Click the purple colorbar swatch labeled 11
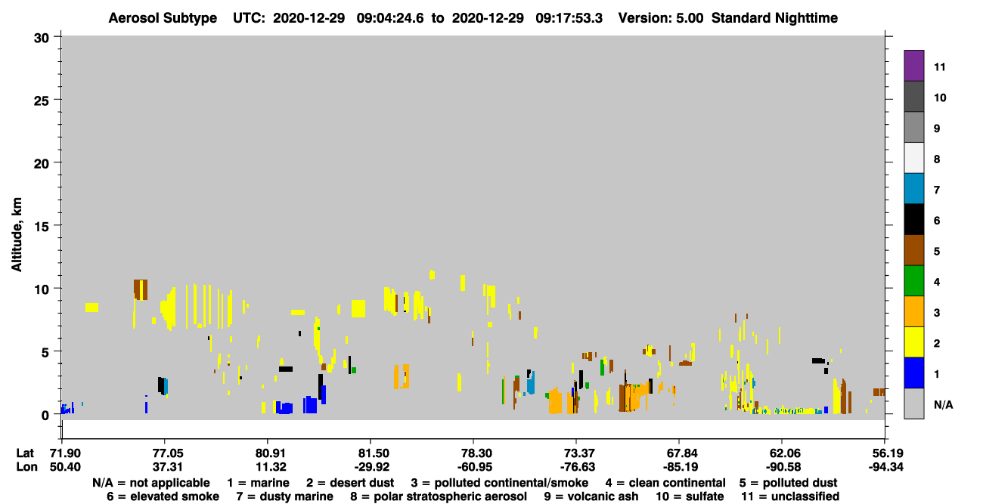913,65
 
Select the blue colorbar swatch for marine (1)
913,373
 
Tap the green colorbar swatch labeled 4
913,281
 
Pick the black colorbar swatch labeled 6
913,219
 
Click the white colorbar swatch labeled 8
913,158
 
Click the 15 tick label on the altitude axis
42,227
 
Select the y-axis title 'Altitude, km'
16,234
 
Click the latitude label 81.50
371,453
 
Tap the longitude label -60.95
474,467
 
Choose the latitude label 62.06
783,453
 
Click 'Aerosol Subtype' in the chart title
163,18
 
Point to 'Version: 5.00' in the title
660,18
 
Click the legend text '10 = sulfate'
690,496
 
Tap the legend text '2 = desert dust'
350,483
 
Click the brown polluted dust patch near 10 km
141,289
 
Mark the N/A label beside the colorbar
943,404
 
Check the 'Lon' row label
26,467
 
